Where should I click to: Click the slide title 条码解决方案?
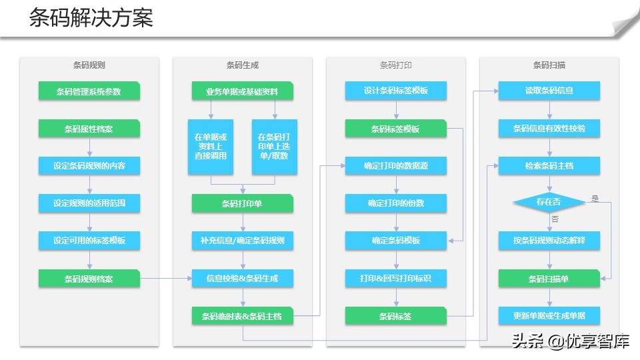(x=91, y=19)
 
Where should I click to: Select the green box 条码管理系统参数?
(x=89, y=91)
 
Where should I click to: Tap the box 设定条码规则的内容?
(x=89, y=166)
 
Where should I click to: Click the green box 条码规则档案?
(x=89, y=279)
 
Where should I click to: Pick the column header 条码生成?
(x=242, y=65)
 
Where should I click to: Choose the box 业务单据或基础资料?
(x=242, y=91)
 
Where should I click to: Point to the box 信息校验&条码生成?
(x=242, y=279)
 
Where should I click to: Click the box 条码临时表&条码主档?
(x=242, y=316)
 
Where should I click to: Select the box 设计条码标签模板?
(x=396, y=91)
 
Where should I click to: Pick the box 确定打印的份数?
(x=396, y=203)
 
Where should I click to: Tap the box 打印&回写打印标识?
(x=396, y=278)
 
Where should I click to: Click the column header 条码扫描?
(x=549, y=65)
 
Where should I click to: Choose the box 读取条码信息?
(x=549, y=91)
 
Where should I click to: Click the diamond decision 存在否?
(x=549, y=201)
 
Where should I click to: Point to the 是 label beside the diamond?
(x=595, y=198)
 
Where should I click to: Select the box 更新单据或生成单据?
(x=549, y=315)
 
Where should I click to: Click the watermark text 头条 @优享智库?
(x=571, y=342)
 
